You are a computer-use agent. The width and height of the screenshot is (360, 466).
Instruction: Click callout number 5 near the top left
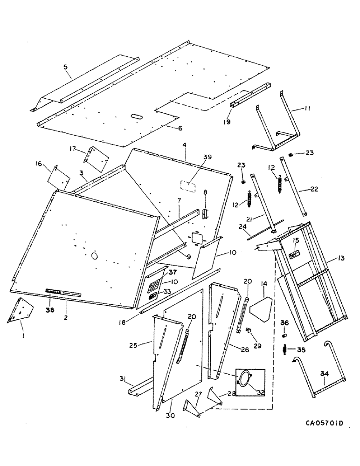[x=65, y=67]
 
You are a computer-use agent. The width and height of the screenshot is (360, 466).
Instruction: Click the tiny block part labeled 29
[x=249, y=331]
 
